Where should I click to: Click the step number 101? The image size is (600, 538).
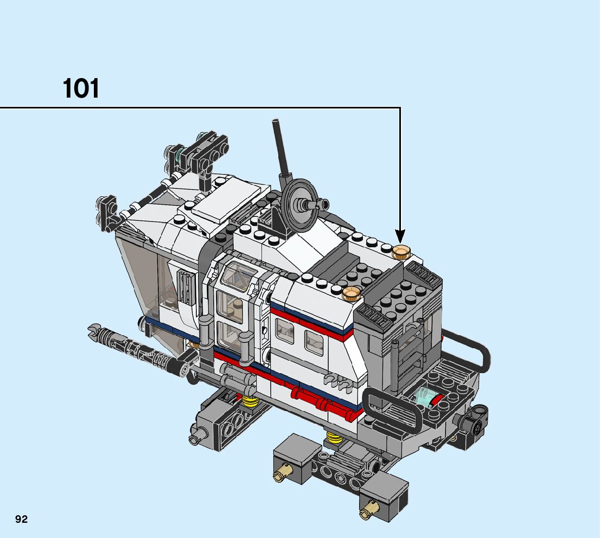(81, 88)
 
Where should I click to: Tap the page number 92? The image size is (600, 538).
(22, 519)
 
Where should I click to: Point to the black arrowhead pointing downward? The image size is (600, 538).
(400, 236)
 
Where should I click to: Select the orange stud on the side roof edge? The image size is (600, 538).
(352, 293)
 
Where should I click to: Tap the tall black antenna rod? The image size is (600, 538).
(282, 149)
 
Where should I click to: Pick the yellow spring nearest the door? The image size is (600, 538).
(250, 402)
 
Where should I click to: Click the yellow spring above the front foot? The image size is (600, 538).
(334, 437)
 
